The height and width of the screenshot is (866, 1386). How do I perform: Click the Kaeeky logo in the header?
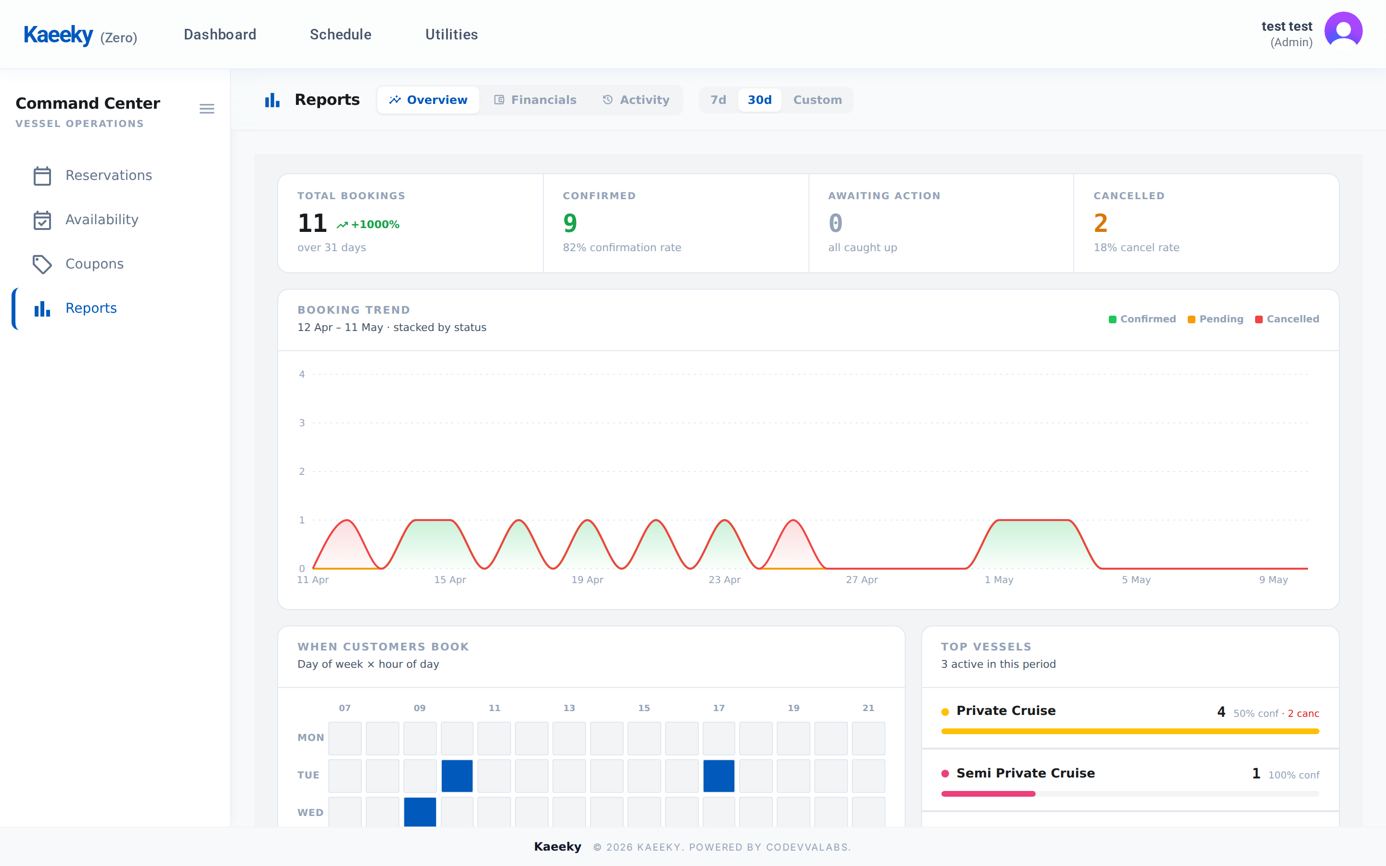coord(58,35)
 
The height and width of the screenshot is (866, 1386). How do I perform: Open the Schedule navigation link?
coord(340,34)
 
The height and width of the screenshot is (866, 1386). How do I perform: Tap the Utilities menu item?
coord(451,34)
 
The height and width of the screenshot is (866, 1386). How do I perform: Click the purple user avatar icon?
coord(1343,31)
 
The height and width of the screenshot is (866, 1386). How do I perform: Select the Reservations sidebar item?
coord(109,175)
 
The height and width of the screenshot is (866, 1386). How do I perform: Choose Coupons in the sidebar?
coord(94,264)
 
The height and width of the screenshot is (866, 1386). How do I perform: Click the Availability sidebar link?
coord(102,219)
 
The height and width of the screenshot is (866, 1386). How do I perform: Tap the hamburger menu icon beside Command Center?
coord(207,109)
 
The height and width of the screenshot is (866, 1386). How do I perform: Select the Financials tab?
coord(535,100)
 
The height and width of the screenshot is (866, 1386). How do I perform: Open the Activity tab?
coord(636,100)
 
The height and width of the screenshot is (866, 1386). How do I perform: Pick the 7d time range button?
coord(718,100)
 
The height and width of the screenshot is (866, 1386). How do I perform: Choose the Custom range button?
coord(817,100)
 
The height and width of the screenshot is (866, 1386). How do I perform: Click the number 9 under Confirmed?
coord(570,223)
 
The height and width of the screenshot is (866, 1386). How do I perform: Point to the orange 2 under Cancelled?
coord(1100,223)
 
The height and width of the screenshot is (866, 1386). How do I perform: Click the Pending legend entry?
coord(1215,319)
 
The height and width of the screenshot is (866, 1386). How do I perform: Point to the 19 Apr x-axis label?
coord(587,580)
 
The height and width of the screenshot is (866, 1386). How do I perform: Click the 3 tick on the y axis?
coord(302,423)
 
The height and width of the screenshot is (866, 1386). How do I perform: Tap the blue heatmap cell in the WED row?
coord(420,812)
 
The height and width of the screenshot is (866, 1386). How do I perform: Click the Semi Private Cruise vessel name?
coord(1025,773)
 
